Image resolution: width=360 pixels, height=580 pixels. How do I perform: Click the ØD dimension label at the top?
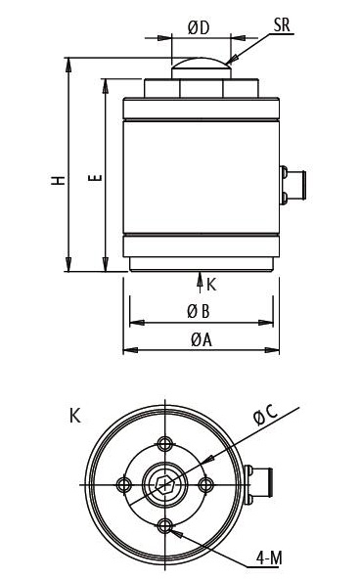[199, 27]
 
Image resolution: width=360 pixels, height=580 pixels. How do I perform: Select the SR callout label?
[282, 24]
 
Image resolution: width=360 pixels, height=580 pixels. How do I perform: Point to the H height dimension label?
[58, 180]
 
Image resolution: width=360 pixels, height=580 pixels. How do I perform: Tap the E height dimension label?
[95, 178]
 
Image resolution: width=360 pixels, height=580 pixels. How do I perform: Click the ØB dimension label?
[199, 311]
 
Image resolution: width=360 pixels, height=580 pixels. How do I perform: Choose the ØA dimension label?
[202, 339]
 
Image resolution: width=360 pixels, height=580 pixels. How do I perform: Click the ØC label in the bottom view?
[266, 415]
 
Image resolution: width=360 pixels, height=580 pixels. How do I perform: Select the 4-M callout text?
[269, 558]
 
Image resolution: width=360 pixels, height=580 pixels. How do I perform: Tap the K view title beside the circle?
[75, 416]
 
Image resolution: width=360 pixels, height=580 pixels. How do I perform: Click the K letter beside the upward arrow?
[211, 285]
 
